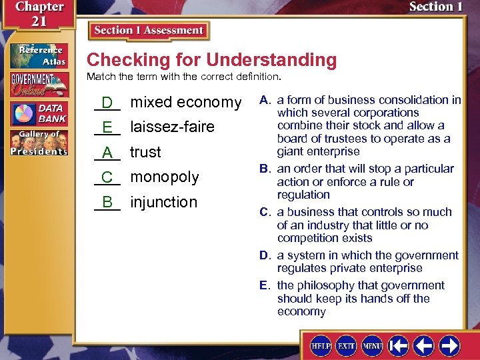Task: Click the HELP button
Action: click(x=322, y=346)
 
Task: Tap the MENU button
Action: click(x=372, y=346)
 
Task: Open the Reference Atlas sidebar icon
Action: click(x=38, y=56)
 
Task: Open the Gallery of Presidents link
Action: click(x=38, y=143)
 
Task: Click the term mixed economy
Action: click(x=185, y=102)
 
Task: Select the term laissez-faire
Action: click(x=172, y=127)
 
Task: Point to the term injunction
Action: click(x=163, y=202)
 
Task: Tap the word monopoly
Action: click(x=164, y=177)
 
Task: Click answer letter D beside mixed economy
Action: click(x=107, y=103)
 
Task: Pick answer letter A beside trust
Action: click(x=107, y=153)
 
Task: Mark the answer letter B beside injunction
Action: click(x=107, y=202)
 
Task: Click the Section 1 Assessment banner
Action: click(x=149, y=31)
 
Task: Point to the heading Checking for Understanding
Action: click(x=211, y=60)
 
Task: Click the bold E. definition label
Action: click(x=265, y=285)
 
